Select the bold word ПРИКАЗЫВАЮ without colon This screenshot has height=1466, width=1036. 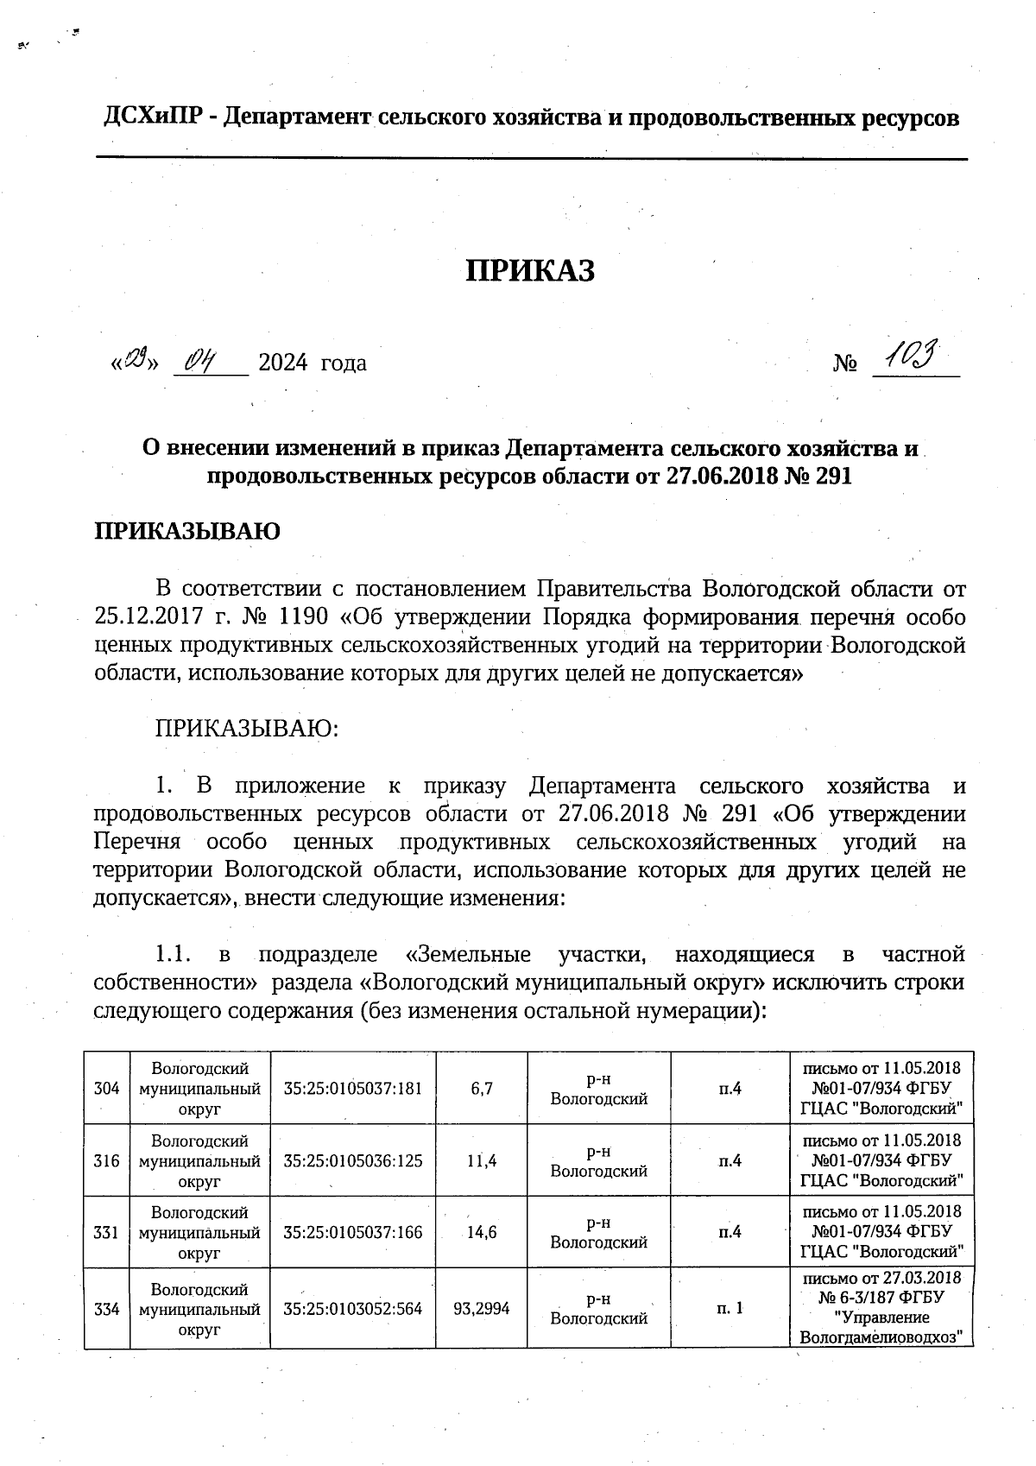186,531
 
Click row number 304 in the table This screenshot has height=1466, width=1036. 106,1088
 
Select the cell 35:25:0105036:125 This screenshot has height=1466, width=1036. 353,1160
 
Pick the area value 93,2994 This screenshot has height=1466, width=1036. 482,1309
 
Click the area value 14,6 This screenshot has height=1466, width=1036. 482,1233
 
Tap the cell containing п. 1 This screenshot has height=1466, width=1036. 730,1309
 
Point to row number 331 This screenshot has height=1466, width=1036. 106,1233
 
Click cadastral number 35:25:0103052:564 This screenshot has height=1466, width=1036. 353,1309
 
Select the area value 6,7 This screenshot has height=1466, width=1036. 482,1088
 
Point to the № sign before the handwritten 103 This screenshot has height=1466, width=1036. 845,363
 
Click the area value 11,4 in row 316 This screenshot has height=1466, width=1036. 482,1160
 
